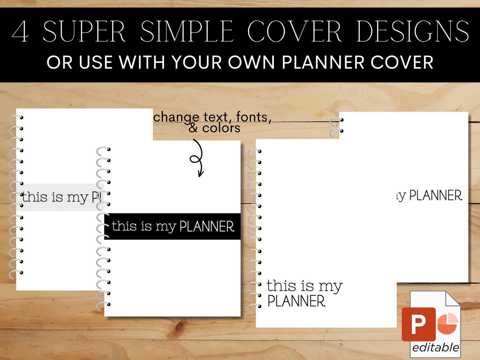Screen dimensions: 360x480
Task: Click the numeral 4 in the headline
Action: (x=20, y=32)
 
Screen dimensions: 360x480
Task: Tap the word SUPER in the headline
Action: (x=84, y=32)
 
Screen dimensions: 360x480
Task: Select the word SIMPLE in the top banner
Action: (x=186, y=32)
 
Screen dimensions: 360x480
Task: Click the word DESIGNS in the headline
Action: (x=413, y=32)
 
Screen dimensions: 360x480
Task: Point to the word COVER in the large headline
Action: (x=294, y=32)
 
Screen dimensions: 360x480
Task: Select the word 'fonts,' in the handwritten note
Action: (x=253, y=117)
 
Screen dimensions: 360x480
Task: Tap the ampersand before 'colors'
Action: (x=193, y=128)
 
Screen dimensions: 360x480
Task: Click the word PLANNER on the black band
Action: (x=207, y=226)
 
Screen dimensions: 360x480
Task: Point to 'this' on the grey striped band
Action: (x=34, y=197)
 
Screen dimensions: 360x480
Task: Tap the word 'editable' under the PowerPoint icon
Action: (x=435, y=348)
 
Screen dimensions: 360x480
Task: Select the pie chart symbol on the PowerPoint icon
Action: (x=447, y=324)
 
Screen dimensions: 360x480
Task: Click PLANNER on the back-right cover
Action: (x=436, y=196)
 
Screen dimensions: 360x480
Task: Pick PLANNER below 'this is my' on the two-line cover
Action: (x=296, y=301)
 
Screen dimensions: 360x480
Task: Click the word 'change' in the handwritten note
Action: (x=176, y=117)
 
